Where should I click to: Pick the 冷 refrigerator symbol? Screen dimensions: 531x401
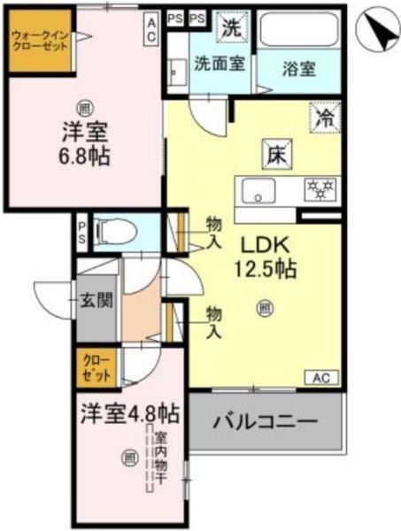click(x=324, y=116)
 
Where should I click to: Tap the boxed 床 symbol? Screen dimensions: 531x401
click(x=272, y=153)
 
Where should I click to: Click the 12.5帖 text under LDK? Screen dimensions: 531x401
click(x=264, y=268)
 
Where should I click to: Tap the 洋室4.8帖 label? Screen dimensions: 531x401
click(x=130, y=413)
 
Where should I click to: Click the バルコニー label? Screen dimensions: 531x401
click(x=265, y=421)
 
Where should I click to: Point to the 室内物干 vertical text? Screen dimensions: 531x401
click(x=160, y=460)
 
